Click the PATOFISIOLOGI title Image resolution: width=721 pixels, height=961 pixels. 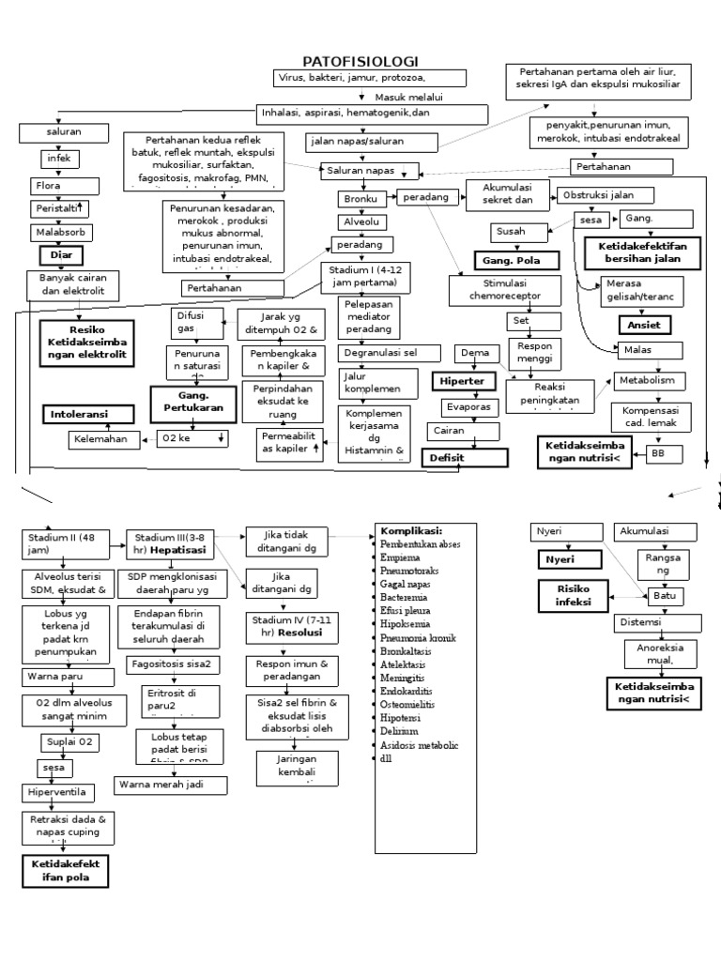[360, 61]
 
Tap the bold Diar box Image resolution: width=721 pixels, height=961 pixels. [61, 255]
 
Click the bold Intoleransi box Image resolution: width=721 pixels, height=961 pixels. [80, 414]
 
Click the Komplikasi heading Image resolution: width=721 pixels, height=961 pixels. [411, 529]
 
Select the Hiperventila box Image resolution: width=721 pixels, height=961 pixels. [59, 793]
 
